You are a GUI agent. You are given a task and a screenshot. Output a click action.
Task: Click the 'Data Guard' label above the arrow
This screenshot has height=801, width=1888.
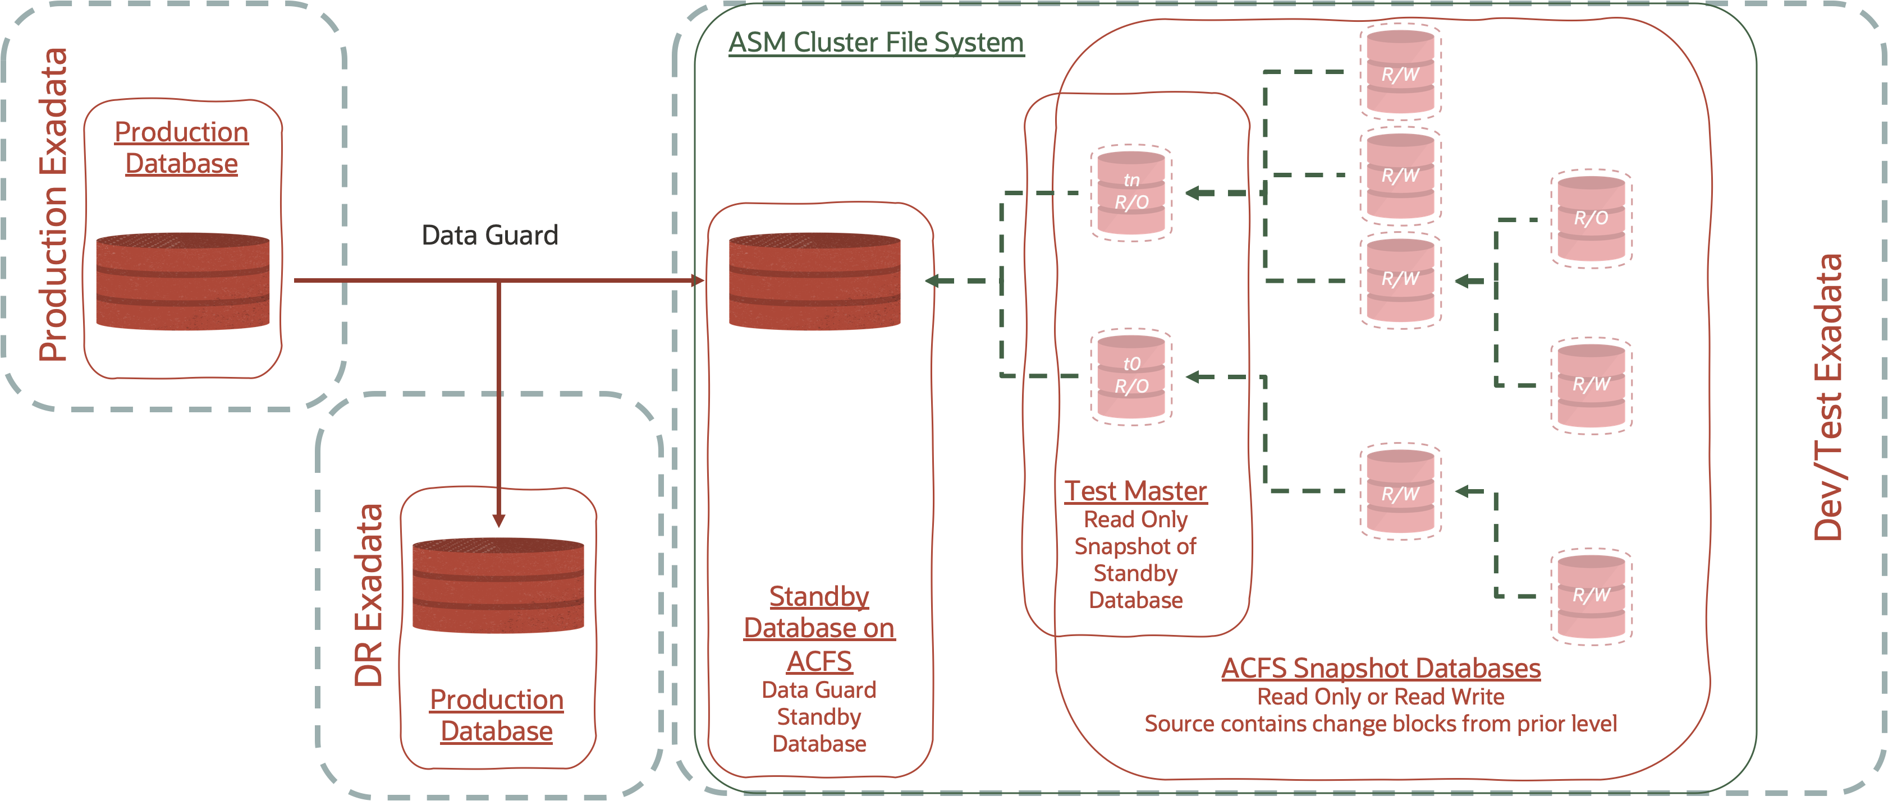489,235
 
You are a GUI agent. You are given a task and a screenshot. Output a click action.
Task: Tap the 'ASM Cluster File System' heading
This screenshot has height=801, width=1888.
876,43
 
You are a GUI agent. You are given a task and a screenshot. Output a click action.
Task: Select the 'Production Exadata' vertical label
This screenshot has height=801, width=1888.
53,205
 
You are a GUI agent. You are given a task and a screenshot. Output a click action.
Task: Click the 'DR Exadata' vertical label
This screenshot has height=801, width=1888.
369,595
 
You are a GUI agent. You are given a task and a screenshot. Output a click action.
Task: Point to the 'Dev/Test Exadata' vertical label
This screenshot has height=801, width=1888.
1828,397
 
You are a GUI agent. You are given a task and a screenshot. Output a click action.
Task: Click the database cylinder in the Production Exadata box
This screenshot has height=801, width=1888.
182,282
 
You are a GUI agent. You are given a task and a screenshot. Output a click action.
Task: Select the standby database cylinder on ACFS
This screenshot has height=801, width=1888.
814,282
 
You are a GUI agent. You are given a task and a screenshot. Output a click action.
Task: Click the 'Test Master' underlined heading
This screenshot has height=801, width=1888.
1135,491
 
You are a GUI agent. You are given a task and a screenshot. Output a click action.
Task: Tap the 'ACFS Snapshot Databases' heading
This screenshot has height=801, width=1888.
1380,669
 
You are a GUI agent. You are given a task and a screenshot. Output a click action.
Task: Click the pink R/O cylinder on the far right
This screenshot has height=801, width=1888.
1591,218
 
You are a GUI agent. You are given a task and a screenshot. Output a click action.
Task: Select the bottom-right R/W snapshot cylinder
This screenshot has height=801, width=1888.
1591,596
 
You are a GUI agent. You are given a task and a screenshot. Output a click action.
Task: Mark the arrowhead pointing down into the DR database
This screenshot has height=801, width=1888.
498,521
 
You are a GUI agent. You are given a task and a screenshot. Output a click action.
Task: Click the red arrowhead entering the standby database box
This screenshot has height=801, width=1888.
697,280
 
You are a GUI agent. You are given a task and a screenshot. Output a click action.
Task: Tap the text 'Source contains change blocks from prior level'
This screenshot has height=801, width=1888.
1380,724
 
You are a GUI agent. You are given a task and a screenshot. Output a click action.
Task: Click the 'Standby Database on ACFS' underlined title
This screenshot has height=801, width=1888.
819,629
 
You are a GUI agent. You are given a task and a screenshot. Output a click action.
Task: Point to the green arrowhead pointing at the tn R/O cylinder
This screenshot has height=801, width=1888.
1195,193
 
